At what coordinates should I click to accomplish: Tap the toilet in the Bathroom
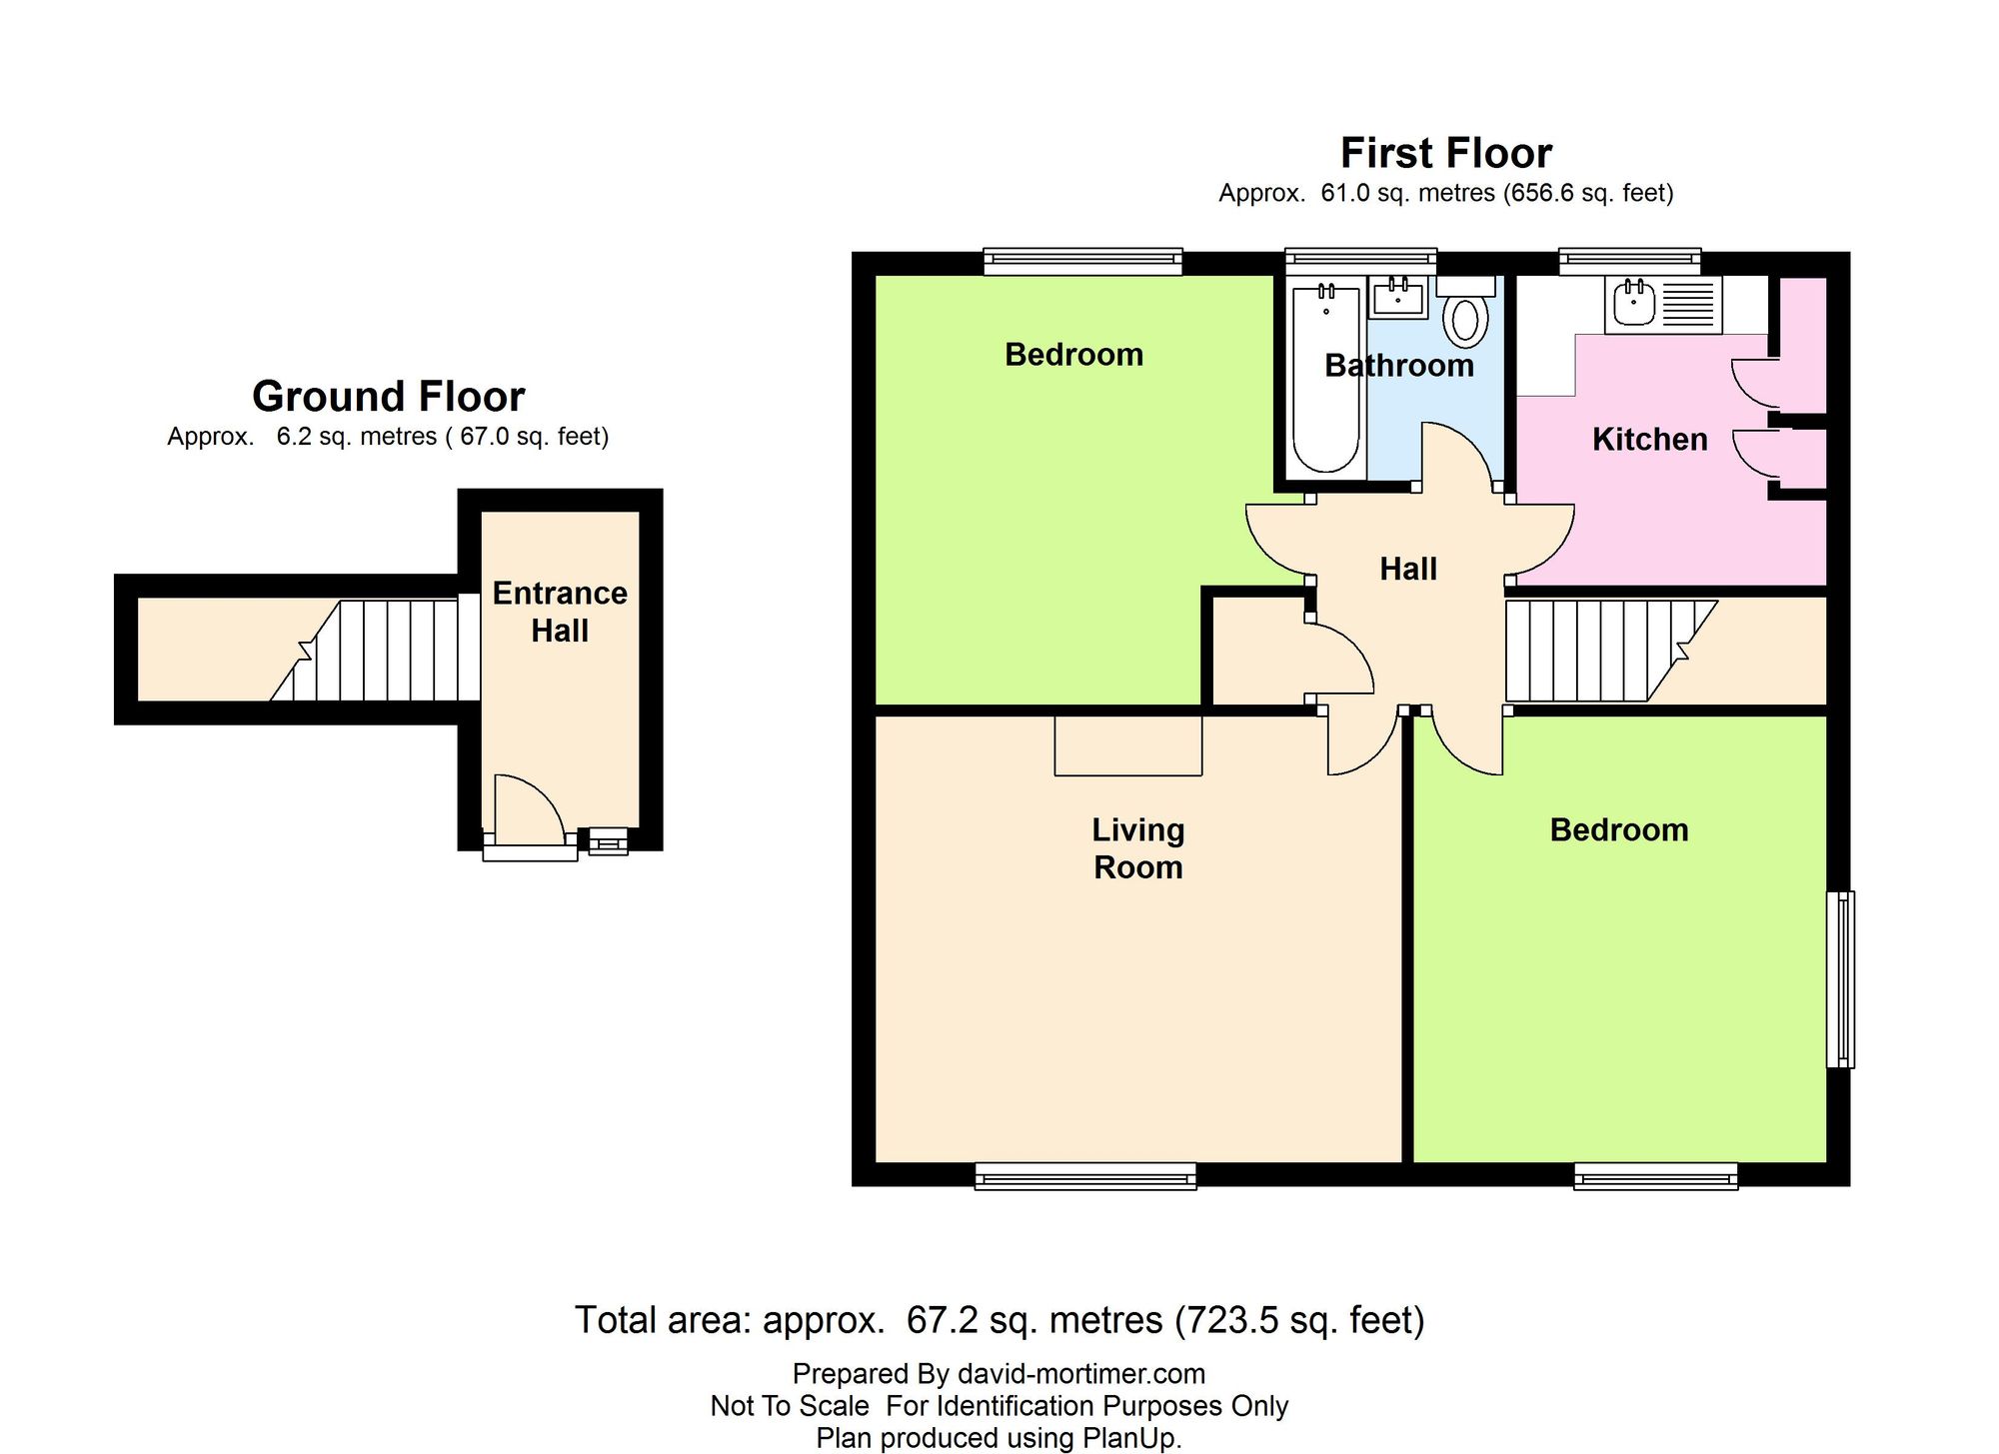click(1465, 311)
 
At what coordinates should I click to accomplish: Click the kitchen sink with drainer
click(1664, 303)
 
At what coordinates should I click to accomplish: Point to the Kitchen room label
click(1649, 440)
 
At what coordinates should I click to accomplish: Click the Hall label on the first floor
click(1408, 570)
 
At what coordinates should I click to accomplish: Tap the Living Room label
click(1138, 848)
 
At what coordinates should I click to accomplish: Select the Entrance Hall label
click(560, 612)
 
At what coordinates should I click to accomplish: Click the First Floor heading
click(1446, 153)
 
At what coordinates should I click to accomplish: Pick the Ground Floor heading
click(388, 397)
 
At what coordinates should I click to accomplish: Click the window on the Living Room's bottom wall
click(1085, 1176)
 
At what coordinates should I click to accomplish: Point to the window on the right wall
click(1841, 979)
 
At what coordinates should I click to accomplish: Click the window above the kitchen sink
click(1630, 261)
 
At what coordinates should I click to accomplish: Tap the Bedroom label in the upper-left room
click(1073, 355)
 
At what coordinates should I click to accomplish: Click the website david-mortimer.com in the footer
click(1081, 1374)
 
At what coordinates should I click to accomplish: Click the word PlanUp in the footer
click(1128, 1439)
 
